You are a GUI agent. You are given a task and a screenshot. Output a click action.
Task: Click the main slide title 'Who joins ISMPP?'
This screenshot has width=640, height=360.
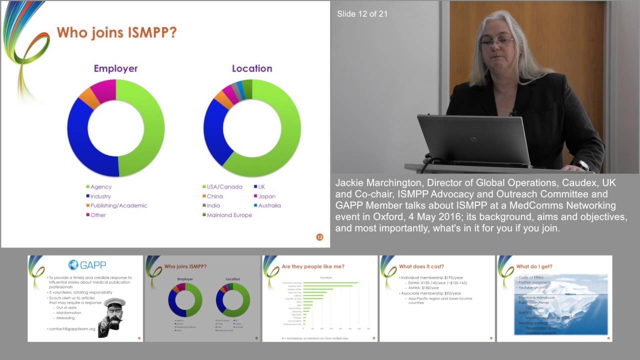[116, 32]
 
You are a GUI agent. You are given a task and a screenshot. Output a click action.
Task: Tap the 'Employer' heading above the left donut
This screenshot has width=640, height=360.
[115, 68]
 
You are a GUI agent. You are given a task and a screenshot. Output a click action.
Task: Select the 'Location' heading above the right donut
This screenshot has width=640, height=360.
[252, 68]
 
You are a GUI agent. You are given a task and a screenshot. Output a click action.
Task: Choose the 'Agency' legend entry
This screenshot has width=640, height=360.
[101, 187]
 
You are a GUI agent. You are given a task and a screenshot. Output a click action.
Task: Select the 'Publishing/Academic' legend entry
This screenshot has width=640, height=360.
[118, 205]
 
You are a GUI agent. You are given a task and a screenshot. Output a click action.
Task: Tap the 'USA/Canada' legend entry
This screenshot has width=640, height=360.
[224, 187]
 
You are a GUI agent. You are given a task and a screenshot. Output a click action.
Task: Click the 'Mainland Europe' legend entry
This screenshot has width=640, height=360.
[229, 215]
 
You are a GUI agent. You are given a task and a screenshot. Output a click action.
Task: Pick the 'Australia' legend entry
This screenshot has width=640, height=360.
[269, 205]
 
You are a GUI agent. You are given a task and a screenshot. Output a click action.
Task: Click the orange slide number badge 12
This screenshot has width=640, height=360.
[320, 237]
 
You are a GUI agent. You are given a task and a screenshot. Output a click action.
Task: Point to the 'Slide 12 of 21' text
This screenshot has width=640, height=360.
[362, 14]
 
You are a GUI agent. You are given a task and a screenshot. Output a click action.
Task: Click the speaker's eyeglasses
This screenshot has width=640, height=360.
[497, 42]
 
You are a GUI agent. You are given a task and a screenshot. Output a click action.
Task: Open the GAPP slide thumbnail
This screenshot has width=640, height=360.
[85, 298]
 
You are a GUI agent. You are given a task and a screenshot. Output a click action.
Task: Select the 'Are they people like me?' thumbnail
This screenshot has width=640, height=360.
[319, 298]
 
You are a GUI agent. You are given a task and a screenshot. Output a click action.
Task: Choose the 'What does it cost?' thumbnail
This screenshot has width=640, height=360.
[437, 298]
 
